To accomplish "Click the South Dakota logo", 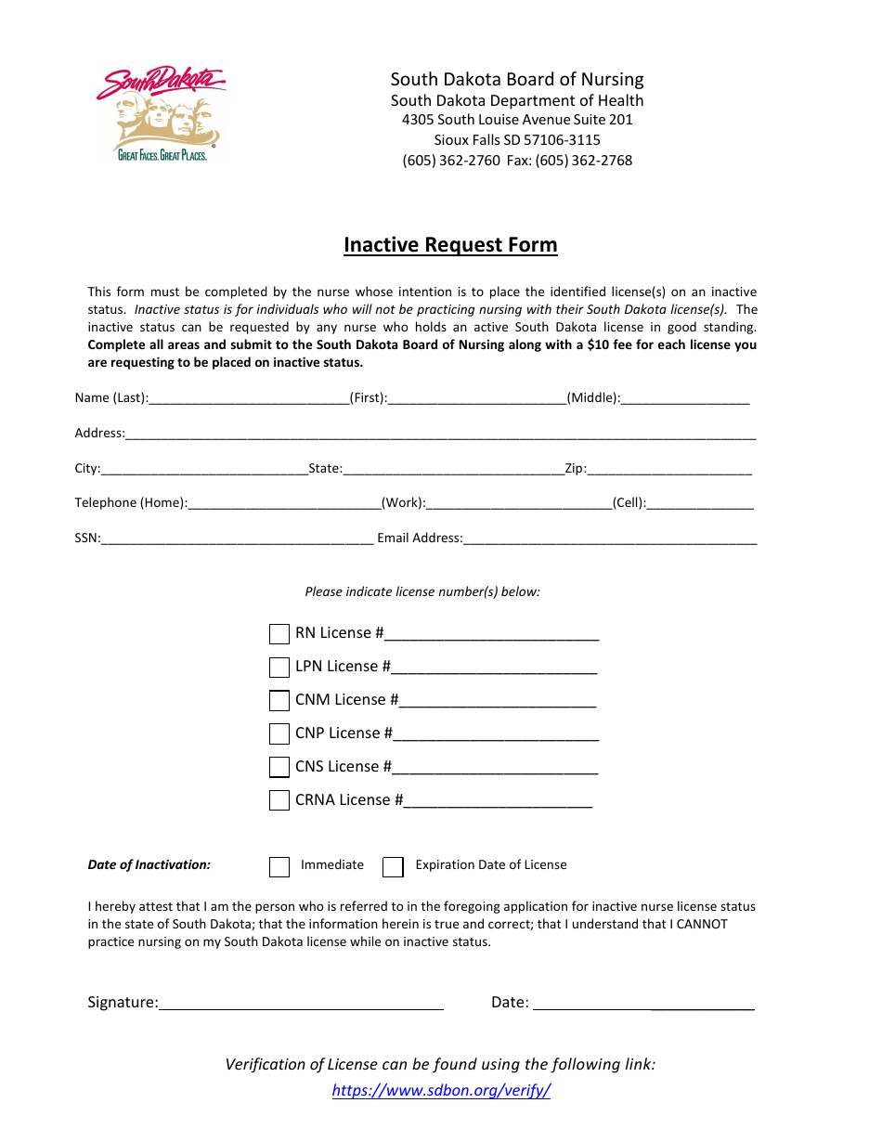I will [x=160, y=114].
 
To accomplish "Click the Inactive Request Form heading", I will [x=450, y=245].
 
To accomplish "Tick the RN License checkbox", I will [x=279, y=634].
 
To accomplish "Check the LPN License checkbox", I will [x=279, y=668].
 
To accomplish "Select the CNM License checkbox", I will [x=279, y=701].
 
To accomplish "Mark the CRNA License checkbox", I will [x=279, y=800].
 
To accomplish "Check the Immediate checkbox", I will [x=279, y=866].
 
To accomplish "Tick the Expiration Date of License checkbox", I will [x=394, y=866].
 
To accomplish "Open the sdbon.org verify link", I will [x=441, y=1091].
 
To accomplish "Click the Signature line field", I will [x=301, y=1003].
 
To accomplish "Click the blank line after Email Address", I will [x=609, y=539].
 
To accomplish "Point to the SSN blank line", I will [x=237, y=539].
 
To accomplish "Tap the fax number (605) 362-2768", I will [x=583, y=161].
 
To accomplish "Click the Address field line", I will [x=440, y=434].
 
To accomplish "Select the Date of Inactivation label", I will [x=149, y=865].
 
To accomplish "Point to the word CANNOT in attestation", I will [x=702, y=924].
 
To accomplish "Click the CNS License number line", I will [x=495, y=768].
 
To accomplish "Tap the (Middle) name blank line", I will [x=685, y=398].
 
